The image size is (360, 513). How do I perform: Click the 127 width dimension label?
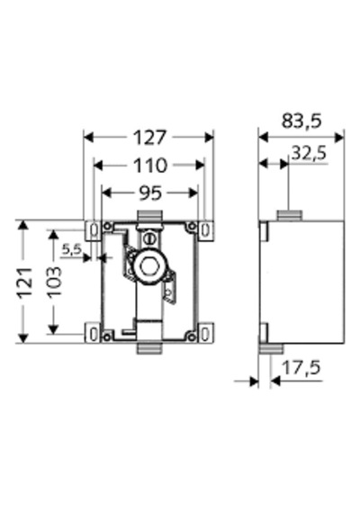(150, 138)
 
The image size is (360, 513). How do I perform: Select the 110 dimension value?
(150, 166)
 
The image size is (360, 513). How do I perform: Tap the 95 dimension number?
(150, 193)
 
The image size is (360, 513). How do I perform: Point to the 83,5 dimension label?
(301, 121)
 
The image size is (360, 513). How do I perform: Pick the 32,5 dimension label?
(309, 152)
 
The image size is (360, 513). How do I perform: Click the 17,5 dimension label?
(301, 367)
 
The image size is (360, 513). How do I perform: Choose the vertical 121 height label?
(25, 283)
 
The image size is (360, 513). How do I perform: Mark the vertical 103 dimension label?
(54, 282)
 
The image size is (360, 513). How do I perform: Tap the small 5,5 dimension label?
(72, 249)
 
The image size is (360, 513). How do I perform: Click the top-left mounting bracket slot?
(94, 230)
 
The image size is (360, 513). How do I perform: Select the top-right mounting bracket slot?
(205, 230)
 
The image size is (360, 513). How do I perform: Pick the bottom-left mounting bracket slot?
(94, 335)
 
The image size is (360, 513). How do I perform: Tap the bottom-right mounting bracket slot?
(205, 335)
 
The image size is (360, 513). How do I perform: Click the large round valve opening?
(150, 266)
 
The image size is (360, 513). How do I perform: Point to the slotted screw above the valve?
(149, 238)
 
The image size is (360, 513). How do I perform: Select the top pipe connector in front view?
(149, 216)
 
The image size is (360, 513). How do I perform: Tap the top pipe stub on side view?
(290, 216)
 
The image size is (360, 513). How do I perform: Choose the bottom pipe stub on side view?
(271, 348)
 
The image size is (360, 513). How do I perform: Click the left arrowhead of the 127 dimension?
(88, 138)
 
